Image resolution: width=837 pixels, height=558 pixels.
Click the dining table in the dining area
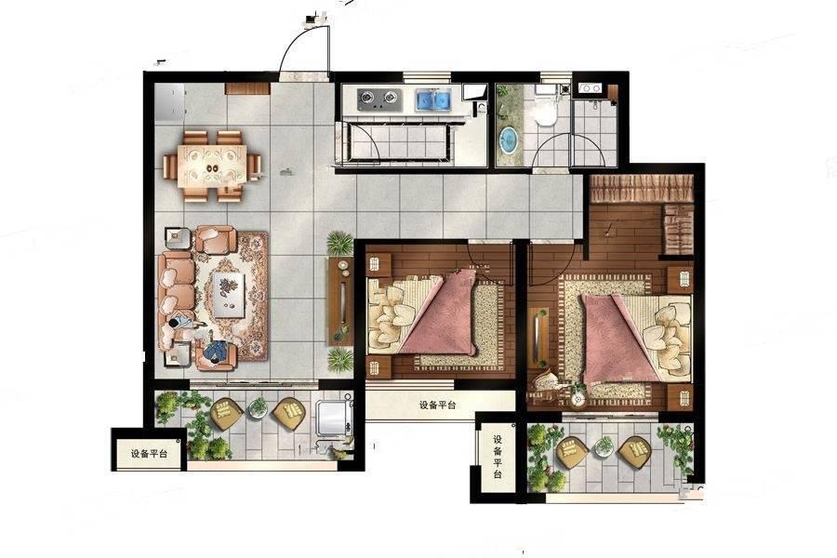pyautogui.click(x=212, y=165)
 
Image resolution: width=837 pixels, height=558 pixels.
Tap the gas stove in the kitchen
pyautogui.click(x=379, y=98)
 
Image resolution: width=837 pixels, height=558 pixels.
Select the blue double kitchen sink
pyautogui.click(x=433, y=100)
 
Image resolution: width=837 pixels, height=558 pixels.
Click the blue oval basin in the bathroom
pyautogui.click(x=510, y=139)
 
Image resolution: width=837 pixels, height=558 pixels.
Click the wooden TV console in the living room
pyautogui.click(x=340, y=300)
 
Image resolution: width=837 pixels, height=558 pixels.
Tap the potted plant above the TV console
pyautogui.click(x=339, y=244)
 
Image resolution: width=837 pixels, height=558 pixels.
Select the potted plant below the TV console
pyautogui.click(x=339, y=359)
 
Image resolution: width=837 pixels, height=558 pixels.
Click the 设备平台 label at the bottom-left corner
pyautogui.click(x=150, y=454)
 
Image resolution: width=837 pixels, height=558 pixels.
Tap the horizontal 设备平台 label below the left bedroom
pyautogui.click(x=437, y=405)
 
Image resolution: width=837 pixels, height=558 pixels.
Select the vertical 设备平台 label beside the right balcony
pyautogui.click(x=498, y=456)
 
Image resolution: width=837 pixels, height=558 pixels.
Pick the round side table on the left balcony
pyautogui.click(x=259, y=407)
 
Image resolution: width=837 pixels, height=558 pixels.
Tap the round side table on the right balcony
pyautogui.click(x=604, y=445)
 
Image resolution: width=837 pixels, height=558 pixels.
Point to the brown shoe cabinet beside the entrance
pyautogui.click(x=246, y=88)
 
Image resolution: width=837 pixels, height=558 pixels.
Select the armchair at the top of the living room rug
pyautogui.click(x=215, y=239)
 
